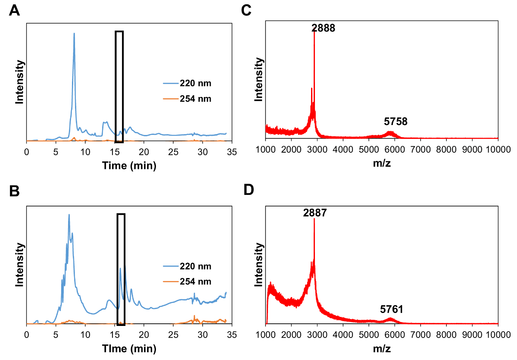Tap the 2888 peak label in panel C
(323, 28)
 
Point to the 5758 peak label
(396, 122)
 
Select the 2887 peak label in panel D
(315, 212)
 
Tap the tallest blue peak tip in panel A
(74, 33)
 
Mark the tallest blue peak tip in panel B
(69, 215)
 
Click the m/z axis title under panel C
(382, 163)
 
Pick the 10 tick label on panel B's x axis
(85, 335)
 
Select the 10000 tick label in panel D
(498, 335)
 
